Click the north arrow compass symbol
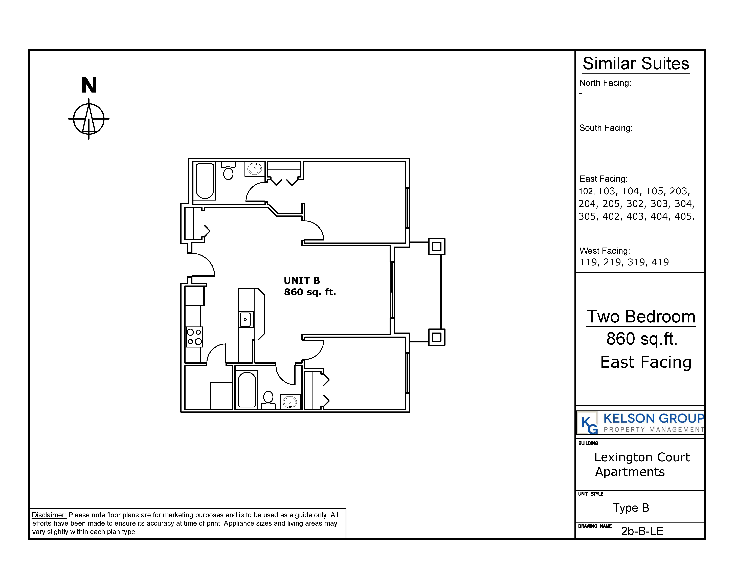pyautogui.click(x=89, y=119)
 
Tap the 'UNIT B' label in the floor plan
pyautogui.click(x=302, y=280)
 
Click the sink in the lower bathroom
pyautogui.click(x=290, y=402)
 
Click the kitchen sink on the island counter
pyautogui.click(x=246, y=319)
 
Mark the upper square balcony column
pyautogui.click(x=437, y=247)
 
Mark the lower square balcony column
pyautogui.click(x=437, y=337)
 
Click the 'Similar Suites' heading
pyautogui.click(x=636, y=64)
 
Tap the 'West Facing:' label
pyautogui.click(x=604, y=251)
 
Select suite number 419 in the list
pyautogui.click(x=660, y=262)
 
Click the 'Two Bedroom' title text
pyautogui.click(x=641, y=317)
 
